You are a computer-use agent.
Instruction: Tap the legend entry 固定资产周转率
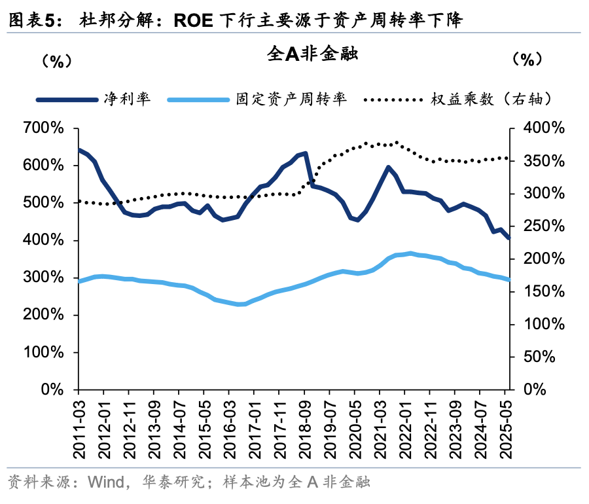(x=291, y=99)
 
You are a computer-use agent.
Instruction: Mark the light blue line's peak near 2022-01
(x=410, y=253)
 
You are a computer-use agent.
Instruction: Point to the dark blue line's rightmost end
(x=509, y=238)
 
